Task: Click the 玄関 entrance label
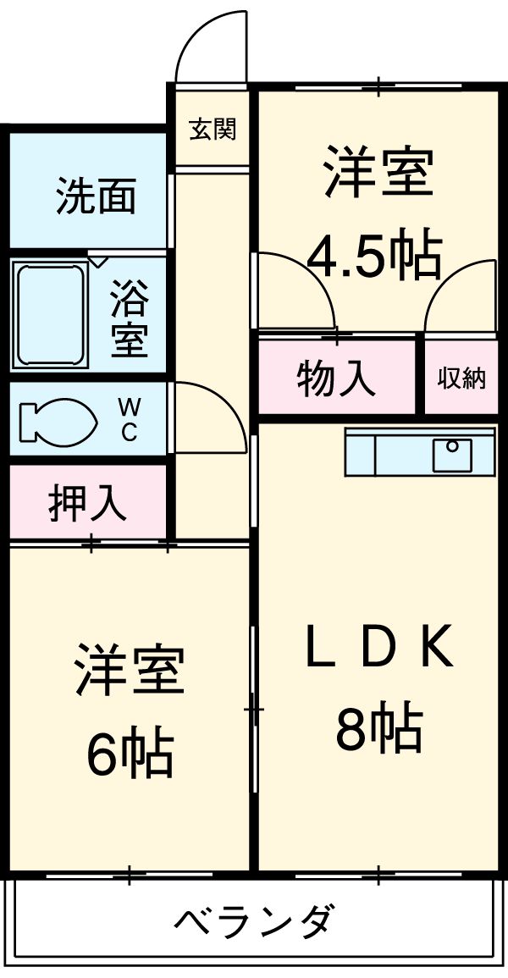tap(212, 130)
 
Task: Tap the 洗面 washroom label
tap(97, 196)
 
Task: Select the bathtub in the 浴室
tap(51, 313)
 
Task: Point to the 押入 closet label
tap(87, 503)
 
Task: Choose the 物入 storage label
tap(336, 378)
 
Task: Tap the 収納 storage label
tap(461, 378)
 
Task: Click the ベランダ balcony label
tap(254, 921)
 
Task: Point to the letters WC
tap(129, 420)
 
